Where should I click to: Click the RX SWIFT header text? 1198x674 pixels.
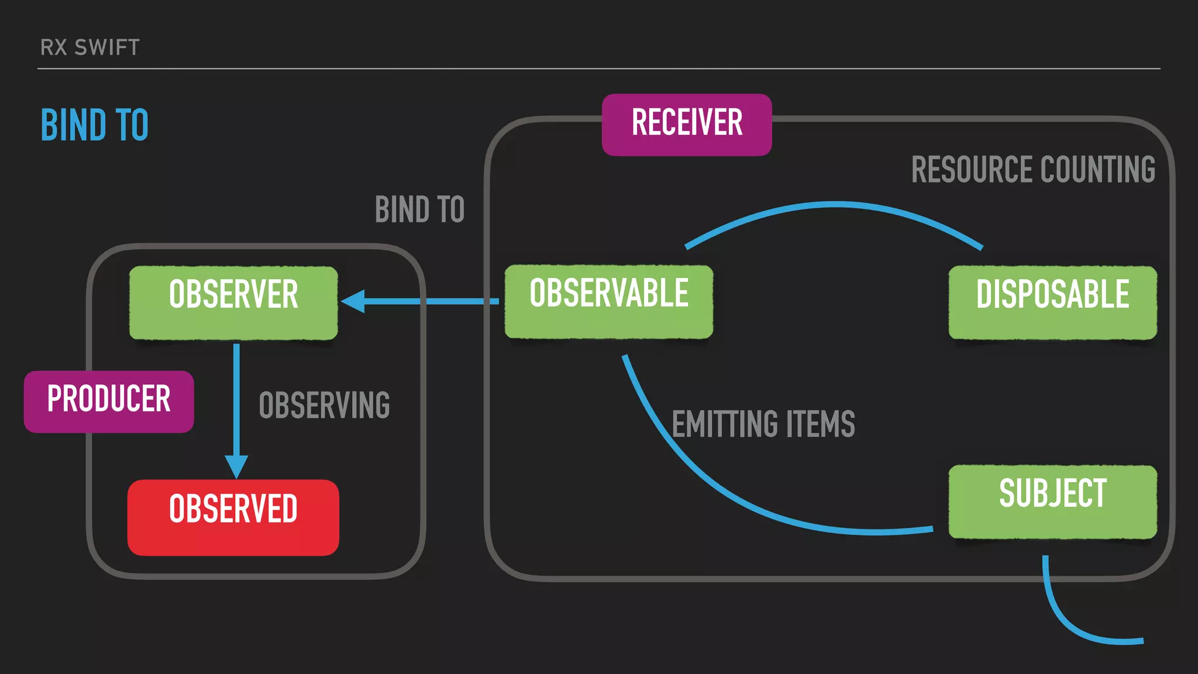tap(90, 47)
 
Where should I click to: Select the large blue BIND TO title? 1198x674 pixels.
tap(95, 125)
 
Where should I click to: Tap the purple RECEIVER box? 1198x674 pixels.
tap(687, 124)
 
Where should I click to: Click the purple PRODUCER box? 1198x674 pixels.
tap(109, 401)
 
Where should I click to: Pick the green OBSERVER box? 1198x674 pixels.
tap(233, 302)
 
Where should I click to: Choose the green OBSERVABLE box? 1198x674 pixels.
tap(609, 301)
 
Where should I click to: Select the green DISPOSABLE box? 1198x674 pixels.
tap(1052, 302)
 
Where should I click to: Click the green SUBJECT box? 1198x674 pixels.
tap(1052, 501)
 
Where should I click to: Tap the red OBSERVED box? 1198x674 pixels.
tap(233, 517)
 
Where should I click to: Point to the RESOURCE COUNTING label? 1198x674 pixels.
tap(1033, 170)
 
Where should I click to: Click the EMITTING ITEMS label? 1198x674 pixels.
tap(763, 424)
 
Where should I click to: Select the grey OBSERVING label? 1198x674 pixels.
tap(325, 405)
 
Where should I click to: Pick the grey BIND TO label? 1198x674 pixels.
tap(419, 209)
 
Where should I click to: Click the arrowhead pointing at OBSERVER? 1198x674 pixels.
tap(353, 301)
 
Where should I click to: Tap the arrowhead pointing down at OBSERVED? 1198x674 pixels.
tap(236, 466)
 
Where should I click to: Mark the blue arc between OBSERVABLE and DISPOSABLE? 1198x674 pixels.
tap(835, 205)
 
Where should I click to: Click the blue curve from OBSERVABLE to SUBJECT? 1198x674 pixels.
tap(731, 491)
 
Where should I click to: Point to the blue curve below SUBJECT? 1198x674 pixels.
tap(1070, 626)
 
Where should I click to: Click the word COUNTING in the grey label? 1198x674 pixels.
tap(1098, 170)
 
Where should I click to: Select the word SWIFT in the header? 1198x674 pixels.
tap(107, 47)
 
